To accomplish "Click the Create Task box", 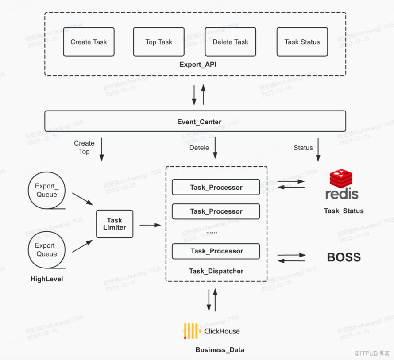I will (x=89, y=42).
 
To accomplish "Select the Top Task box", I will (x=158, y=42).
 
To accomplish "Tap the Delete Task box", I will (x=230, y=42).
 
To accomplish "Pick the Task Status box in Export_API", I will (x=302, y=42).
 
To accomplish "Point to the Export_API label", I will (x=198, y=65).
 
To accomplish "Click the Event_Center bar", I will (x=195, y=121).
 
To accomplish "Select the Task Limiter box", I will (x=114, y=224).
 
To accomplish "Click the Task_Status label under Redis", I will (x=344, y=211).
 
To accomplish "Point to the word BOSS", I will (x=344, y=257).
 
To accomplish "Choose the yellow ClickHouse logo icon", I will (x=191, y=331).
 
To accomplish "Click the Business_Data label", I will (x=220, y=350).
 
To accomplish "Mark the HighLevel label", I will (x=46, y=279).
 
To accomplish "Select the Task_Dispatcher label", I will (x=216, y=271).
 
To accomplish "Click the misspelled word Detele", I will (x=199, y=148).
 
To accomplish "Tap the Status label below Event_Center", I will (x=303, y=148).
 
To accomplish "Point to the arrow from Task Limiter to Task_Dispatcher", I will (x=150, y=225).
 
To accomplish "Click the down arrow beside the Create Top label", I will (x=101, y=149).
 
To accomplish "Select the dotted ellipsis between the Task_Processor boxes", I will (x=212, y=231).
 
